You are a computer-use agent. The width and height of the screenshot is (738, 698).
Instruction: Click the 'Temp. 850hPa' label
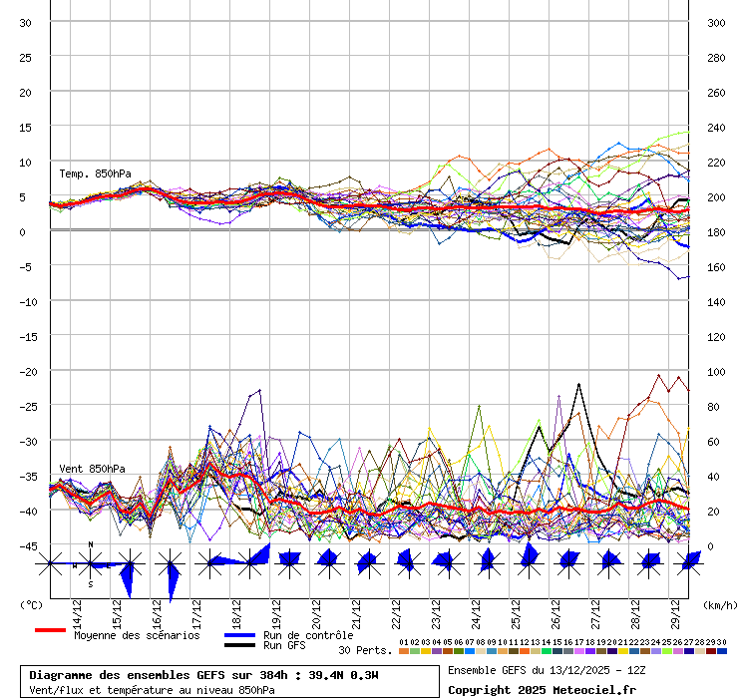coord(95,174)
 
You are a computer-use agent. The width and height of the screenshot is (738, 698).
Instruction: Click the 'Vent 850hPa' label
coord(93,469)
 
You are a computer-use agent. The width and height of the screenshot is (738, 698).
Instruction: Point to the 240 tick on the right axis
coord(716,128)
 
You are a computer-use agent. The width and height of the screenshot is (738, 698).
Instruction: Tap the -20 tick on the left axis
coord(26,372)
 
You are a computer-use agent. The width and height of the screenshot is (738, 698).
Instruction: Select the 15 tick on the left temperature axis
coord(26,128)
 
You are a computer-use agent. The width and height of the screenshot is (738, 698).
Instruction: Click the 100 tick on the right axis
coord(716,372)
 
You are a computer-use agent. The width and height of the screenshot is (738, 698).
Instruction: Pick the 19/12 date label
coord(276,609)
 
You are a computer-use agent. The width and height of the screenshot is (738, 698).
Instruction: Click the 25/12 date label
coord(516,609)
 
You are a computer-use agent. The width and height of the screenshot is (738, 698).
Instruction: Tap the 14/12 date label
coord(77,609)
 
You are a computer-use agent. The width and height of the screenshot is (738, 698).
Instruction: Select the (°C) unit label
coord(31,604)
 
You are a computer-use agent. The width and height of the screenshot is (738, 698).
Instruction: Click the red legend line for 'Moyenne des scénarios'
coord(50,630)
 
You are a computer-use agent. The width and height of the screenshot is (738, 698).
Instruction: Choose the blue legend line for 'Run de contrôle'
coord(239,635)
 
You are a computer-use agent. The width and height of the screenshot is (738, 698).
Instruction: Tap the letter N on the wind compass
coord(91,544)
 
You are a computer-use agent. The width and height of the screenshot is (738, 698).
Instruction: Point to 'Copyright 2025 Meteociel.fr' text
coord(542,689)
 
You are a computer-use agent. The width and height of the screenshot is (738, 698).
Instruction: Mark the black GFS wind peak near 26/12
coord(579,384)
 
